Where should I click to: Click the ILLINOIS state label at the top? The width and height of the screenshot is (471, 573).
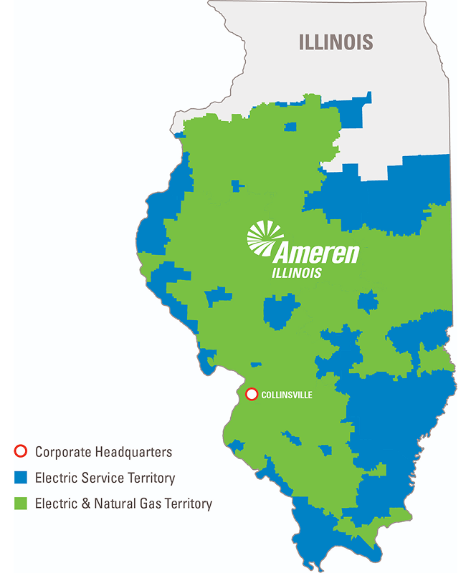point(336,42)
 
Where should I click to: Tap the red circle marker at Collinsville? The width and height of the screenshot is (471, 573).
point(252,394)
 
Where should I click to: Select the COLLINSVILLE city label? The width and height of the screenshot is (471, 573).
point(287,395)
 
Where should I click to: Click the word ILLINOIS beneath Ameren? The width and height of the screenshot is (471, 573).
point(297,273)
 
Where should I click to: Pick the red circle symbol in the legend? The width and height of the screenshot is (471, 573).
point(21,452)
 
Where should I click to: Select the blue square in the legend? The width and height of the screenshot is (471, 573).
point(21,478)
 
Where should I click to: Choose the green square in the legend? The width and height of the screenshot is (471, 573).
point(21,504)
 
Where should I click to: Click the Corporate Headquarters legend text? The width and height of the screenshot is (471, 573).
point(103,452)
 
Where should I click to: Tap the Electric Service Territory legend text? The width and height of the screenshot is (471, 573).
point(105,478)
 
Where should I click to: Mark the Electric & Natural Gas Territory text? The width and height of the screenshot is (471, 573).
point(123,504)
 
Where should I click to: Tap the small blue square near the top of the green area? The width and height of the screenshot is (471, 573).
point(290,127)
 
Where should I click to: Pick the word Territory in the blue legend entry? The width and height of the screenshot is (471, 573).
point(148,478)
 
